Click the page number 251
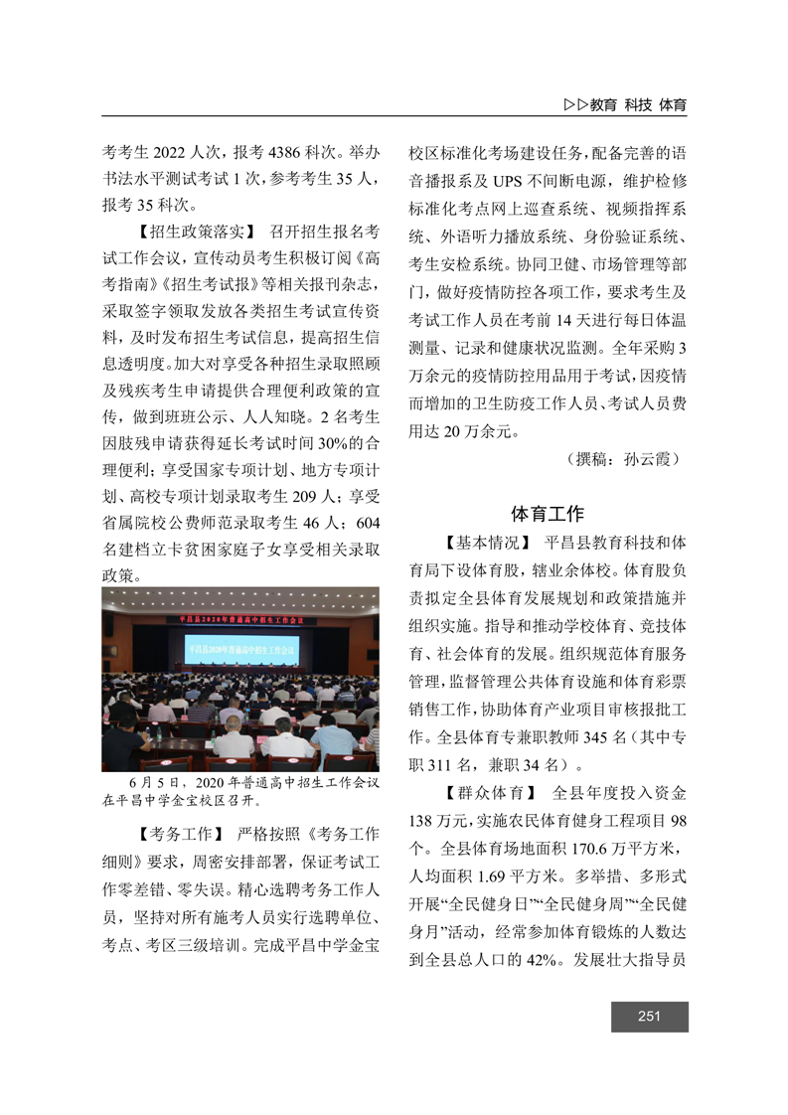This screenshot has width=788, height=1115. click(650, 1016)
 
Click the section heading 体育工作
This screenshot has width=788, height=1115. click(547, 514)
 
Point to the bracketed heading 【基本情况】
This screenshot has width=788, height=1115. click(484, 543)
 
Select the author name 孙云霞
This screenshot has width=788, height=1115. click(651, 459)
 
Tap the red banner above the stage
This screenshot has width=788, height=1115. click(242, 619)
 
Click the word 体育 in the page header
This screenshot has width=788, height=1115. click(673, 103)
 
